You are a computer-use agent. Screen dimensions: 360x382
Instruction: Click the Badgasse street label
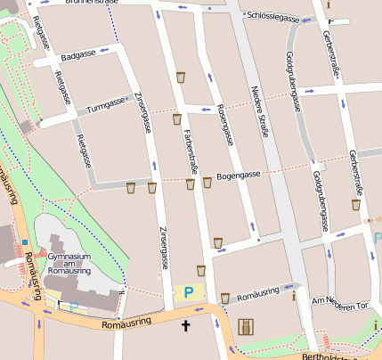pyautogui.click(x=79, y=54)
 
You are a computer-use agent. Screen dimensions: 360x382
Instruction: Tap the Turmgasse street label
pyautogui.click(x=106, y=106)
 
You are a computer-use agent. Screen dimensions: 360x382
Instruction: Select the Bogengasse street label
pyautogui.click(x=238, y=175)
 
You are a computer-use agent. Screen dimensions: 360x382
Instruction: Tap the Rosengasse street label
pyautogui.click(x=225, y=124)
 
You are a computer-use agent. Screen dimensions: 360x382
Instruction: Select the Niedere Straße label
pyautogui.click(x=259, y=111)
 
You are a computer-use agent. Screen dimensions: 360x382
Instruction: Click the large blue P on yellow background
pyautogui.click(x=188, y=292)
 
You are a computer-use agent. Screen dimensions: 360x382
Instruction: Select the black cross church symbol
pyautogui.click(x=186, y=326)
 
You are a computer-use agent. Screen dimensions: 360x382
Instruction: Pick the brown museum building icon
pyautogui.click(x=247, y=327)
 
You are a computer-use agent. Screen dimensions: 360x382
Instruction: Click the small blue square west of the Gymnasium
pyautogui.click(x=26, y=241)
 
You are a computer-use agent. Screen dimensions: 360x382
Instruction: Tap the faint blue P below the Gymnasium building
pyautogui.click(x=73, y=307)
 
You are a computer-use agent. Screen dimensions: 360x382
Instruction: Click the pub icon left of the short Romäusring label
pyautogui.click(x=224, y=298)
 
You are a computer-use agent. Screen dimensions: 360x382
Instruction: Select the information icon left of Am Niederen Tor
pyautogui.click(x=295, y=297)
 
